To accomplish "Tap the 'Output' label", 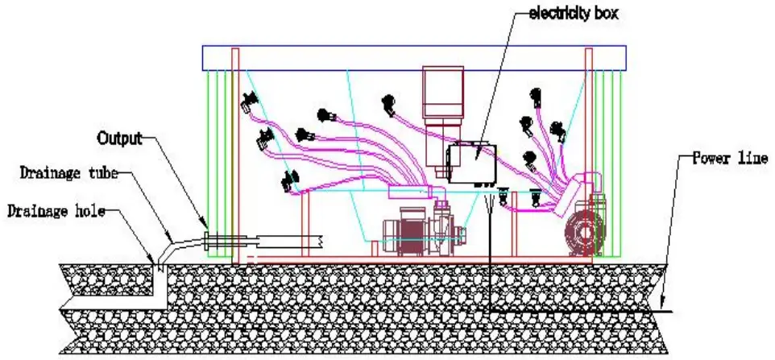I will pos(119,139).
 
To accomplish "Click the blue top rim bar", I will pos(413,57).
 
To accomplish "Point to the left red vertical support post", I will pos(235,153).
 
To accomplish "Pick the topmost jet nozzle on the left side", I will pos(249,102).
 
